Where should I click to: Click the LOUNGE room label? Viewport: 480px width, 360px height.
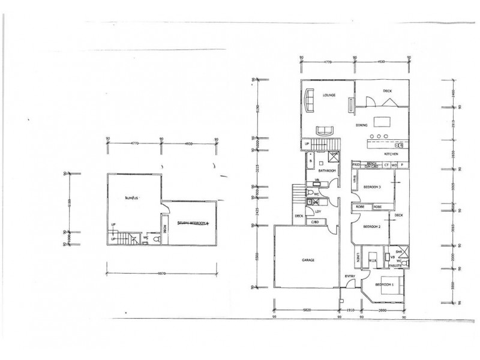pyautogui.click(x=328, y=95)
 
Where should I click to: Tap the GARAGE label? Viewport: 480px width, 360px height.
pyautogui.click(x=308, y=260)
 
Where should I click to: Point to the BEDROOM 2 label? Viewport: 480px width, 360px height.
pyautogui.click(x=371, y=226)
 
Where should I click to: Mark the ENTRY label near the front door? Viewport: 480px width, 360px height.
pyautogui.click(x=350, y=276)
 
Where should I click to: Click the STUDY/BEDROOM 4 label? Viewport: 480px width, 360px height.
pyautogui.click(x=191, y=223)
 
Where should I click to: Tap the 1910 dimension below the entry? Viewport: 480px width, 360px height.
pyautogui.click(x=350, y=311)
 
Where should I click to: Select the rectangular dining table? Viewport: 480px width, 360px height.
pyautogui.click(x=382, y=122)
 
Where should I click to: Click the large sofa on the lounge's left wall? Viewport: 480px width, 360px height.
pyautogui.click(x=310, y=100)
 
